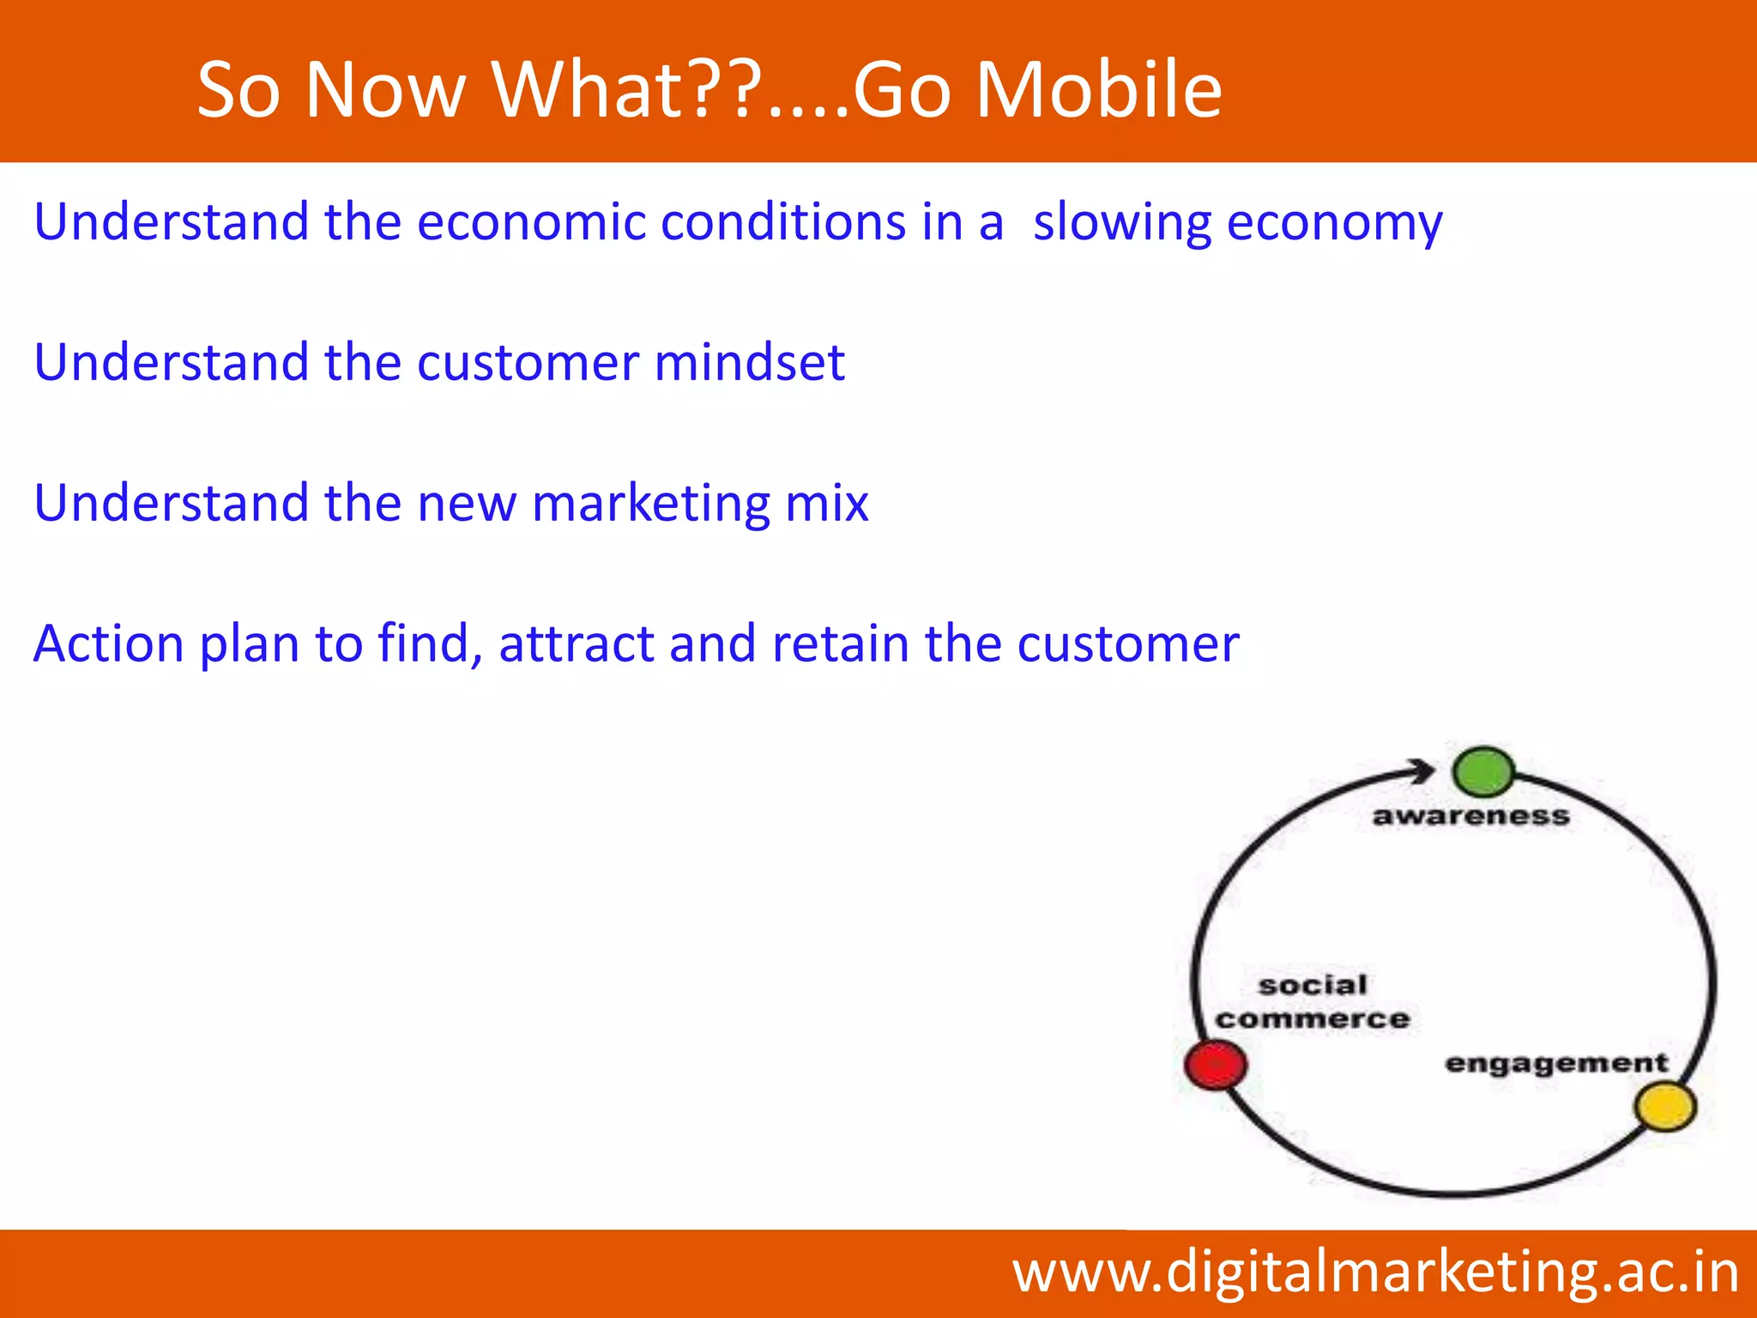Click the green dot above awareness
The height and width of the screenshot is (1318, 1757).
tap(1483, 771)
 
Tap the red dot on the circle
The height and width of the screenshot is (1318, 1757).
tap(1216, 1065)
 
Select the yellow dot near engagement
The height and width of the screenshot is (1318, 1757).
tap(1665, 1107)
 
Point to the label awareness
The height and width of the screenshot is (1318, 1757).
tap(1470, 815)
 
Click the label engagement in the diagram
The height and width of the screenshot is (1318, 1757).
tap(1556, 1064)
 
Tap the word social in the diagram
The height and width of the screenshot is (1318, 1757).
tap(1313, 985)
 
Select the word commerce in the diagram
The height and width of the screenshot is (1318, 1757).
tap(1313, 1019)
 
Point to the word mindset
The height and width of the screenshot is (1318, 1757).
tap(749, 362)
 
